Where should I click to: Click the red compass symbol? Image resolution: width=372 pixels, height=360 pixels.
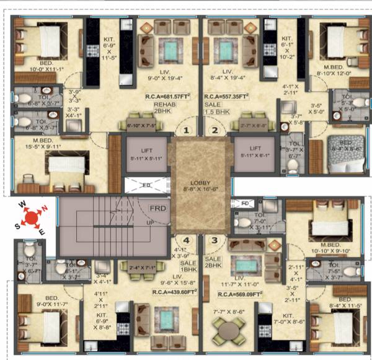(x=29, y=217)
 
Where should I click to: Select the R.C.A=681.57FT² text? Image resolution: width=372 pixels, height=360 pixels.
(x=167, y=97)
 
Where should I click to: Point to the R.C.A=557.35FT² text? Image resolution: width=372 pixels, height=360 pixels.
(x=227, y=97)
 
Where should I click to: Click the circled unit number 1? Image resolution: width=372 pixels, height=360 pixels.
(x=184, y=130)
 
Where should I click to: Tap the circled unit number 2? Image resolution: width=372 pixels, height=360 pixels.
(x=215, y=130)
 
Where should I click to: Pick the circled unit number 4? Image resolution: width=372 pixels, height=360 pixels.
(x=185, y=240)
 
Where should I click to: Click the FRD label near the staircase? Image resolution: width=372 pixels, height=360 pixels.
(x=157, y=209)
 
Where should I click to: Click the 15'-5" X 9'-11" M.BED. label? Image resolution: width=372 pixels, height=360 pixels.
(x=36, y=143)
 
